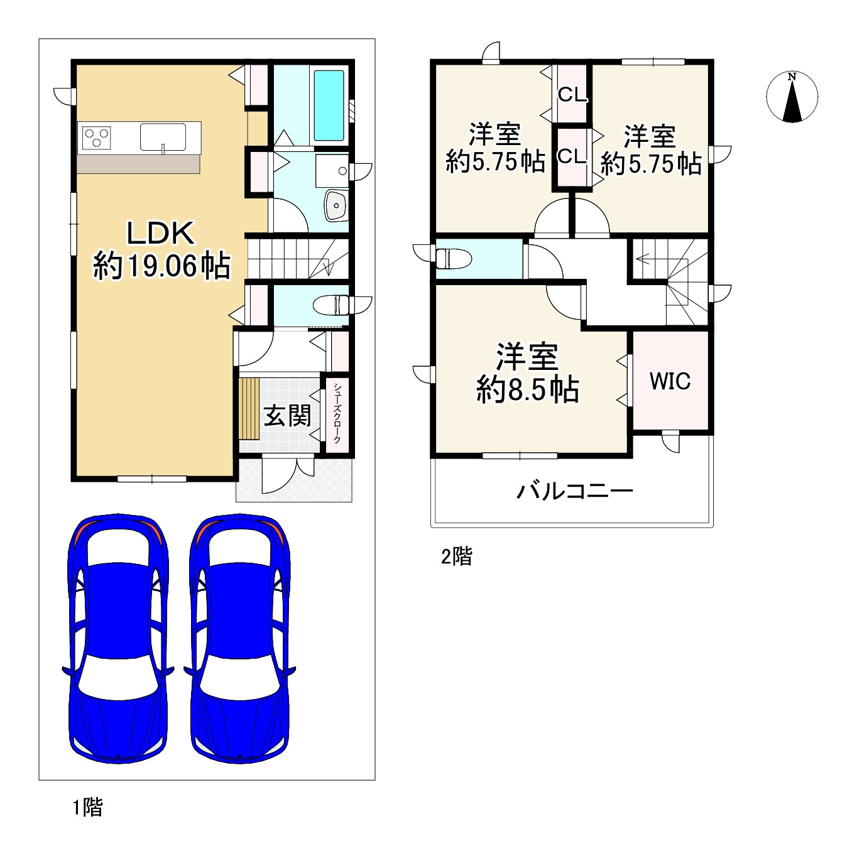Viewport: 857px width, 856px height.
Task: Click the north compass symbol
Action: [x=792, y=97]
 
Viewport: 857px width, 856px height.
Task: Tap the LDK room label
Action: [x=161, y=233]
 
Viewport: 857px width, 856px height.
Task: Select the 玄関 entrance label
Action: [x=287, y=416]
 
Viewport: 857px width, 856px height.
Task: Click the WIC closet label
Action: [x=670, y=381]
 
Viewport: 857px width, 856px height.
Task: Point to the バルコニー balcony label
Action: [x=575, y=491]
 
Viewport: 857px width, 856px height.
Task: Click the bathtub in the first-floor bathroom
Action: [x=329, y=106]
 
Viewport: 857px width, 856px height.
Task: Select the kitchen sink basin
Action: [x=163, y=138]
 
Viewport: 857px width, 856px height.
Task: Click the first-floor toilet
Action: [x=331, y=305]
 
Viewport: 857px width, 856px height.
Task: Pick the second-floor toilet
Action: [x=453, y=259]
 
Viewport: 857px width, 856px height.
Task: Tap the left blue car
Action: [x=118, y=639]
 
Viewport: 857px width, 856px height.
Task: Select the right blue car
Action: [x=240, y=639]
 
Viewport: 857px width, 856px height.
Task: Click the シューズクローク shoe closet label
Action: [x=337, y=413]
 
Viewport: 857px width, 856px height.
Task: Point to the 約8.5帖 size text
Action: [x=528, y=390]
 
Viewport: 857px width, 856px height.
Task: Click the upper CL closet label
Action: [x=572, y=94]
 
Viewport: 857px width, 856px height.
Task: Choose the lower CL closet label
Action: [x=572, y=156]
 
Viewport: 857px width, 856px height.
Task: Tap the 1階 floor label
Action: [x=87, y=806]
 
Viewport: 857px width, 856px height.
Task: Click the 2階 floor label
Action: [x=456, y=556]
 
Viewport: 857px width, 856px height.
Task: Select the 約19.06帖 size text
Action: [x=161, y=266]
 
